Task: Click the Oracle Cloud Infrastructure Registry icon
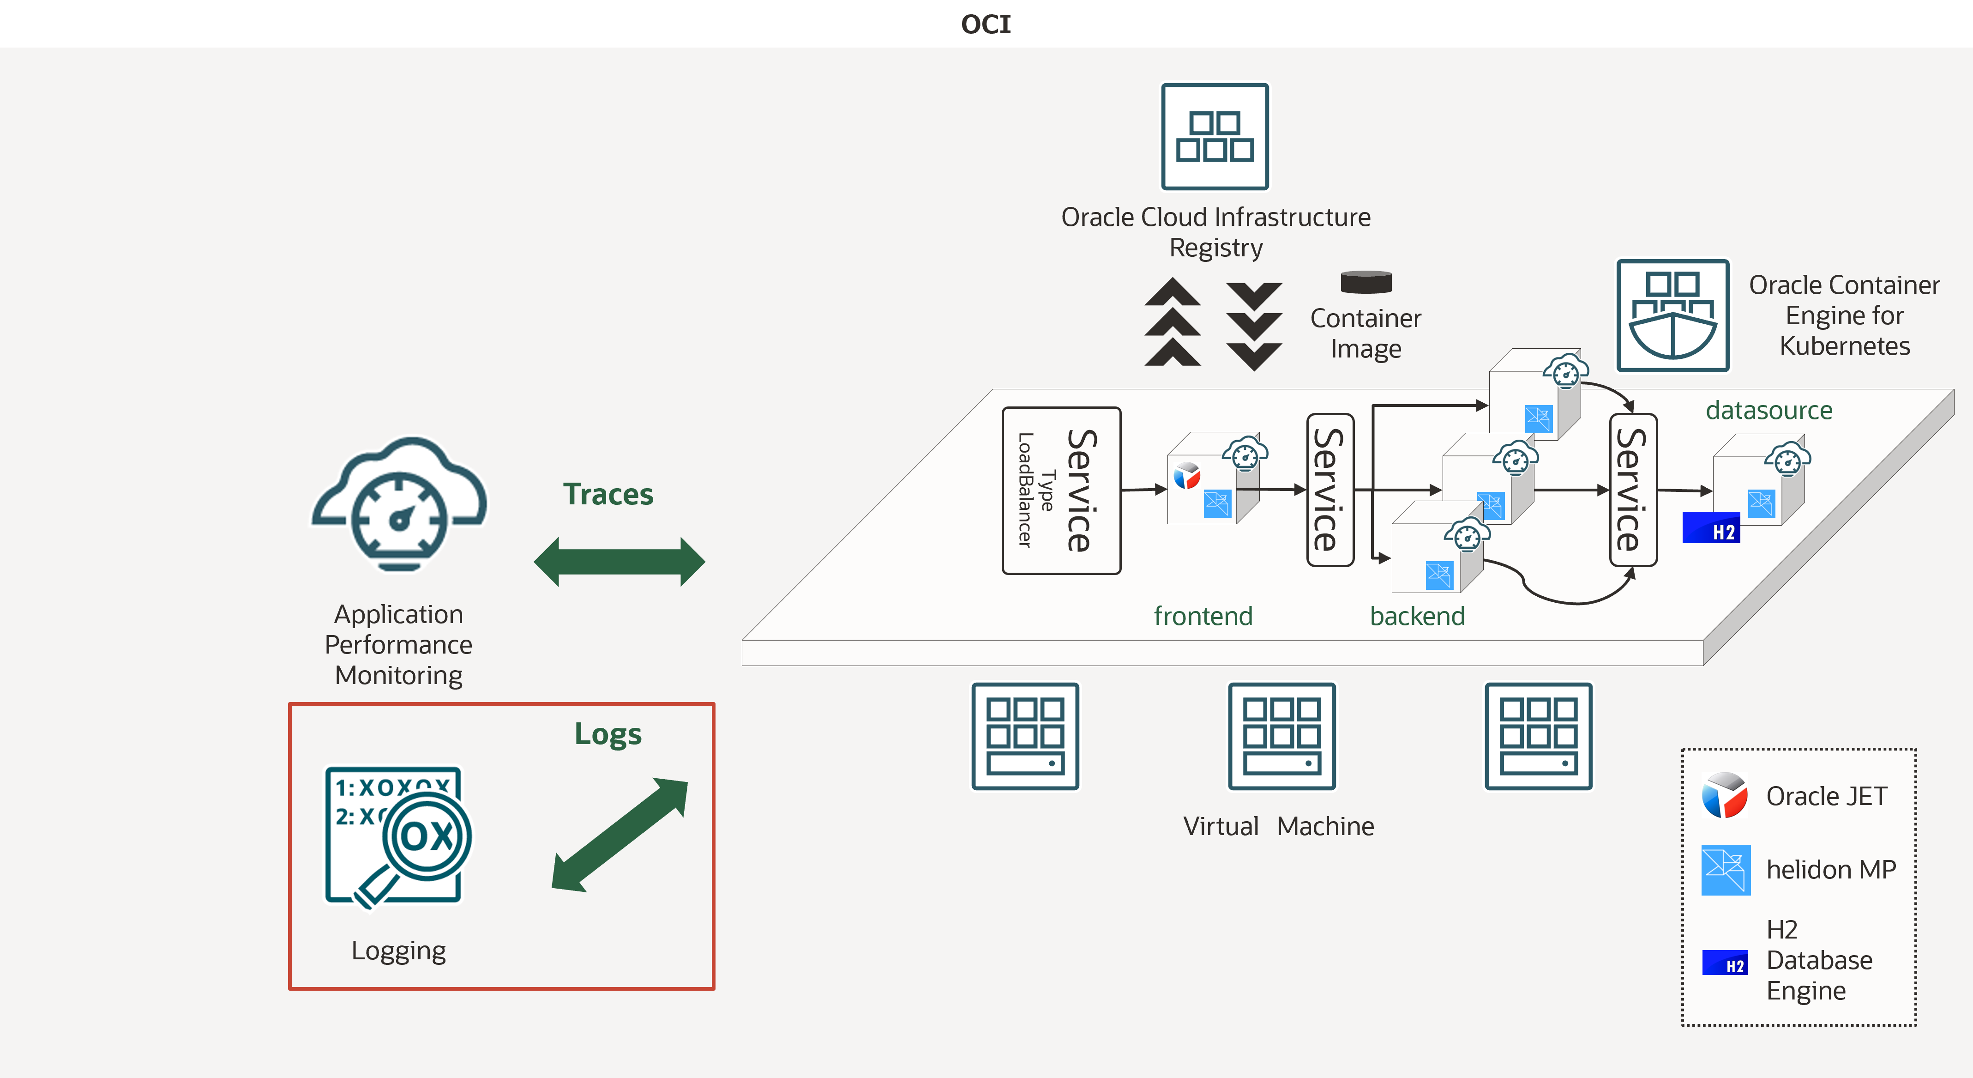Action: coord(1215,136)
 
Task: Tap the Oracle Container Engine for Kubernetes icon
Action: coord(1673,315)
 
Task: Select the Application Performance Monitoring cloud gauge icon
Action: coord(398,506)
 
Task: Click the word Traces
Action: coord(608,494)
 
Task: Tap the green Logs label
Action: coord(608,734)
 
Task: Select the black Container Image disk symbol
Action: coord(1365,282)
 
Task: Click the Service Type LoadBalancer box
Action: coord(1061,491)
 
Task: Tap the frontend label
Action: coord(1203,616)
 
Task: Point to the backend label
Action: coord(1417,616)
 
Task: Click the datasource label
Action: coord(1768,411)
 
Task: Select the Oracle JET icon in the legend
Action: coord(1724,795)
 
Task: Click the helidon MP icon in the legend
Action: coord(1726,870)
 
